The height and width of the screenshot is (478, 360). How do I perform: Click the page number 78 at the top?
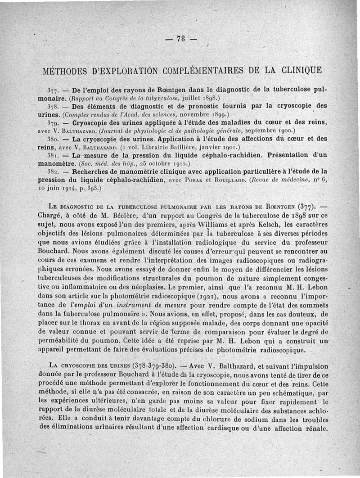tap(180, 40)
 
